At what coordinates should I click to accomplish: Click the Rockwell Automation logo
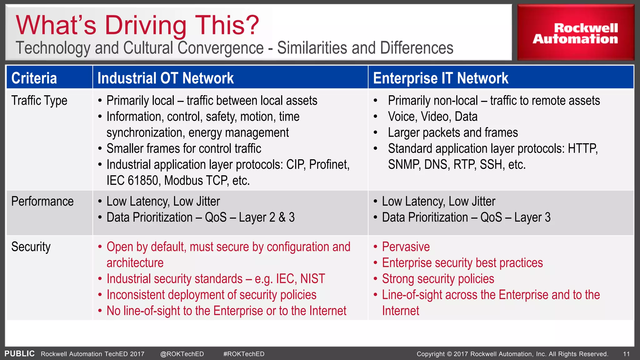575,33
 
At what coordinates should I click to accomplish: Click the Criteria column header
34,78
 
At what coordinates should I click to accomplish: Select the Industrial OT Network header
165,78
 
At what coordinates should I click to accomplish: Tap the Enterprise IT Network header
440,78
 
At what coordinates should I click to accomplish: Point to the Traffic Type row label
39,101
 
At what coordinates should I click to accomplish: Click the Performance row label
42,202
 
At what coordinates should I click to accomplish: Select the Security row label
31,247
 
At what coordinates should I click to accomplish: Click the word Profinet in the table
329,165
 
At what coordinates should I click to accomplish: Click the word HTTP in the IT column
582,148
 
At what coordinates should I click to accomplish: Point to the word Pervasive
406,247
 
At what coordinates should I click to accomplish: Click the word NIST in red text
312,279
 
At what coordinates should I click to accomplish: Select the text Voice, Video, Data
432,117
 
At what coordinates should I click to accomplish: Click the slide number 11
626,354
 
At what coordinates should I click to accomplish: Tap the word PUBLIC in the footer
19,354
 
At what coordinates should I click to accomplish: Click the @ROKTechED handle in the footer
182,354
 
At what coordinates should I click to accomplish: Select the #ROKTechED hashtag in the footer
244,354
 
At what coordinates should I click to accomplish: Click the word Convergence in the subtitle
221,48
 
